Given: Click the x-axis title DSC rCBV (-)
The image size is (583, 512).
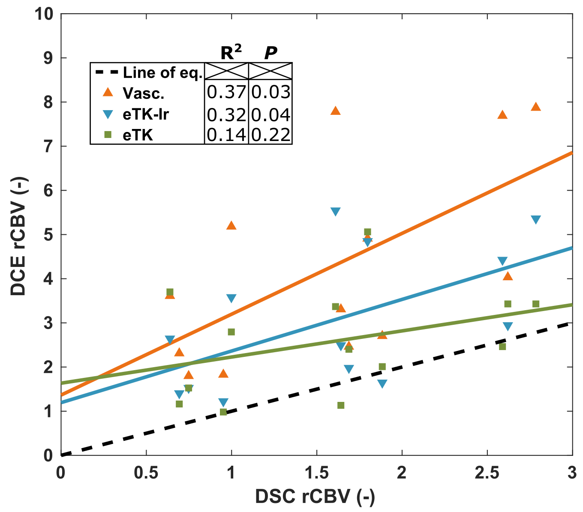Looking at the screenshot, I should (315, 497).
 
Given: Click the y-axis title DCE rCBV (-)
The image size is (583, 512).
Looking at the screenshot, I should (18, 236).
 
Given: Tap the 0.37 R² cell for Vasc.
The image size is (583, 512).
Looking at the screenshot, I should (226, 92).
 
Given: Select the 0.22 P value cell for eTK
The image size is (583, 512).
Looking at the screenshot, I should (271, 135).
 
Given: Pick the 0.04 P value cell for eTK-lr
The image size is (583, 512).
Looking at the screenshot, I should (271, 115).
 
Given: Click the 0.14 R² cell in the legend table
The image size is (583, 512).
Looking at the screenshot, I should (226, 135).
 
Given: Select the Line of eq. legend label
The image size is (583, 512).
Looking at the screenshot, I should (162, 73).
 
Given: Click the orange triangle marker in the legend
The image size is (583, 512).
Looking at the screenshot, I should (108, 92).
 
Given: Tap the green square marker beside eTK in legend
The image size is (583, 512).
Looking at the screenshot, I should (108, 135).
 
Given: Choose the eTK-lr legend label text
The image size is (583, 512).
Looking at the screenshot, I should (146, 114).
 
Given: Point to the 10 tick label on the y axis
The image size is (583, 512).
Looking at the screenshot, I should (45, 14).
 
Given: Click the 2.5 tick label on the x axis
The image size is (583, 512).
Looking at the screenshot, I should (487, 473).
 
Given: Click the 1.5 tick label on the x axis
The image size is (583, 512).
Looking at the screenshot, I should (317, 473).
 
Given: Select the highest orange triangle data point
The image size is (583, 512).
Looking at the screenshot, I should (535, 107).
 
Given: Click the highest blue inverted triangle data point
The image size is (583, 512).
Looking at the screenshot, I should (336, 212).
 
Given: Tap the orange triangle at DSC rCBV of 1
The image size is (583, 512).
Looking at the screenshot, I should (231, 225).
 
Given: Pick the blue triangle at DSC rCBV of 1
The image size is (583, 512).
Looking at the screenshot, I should (231, 298).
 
